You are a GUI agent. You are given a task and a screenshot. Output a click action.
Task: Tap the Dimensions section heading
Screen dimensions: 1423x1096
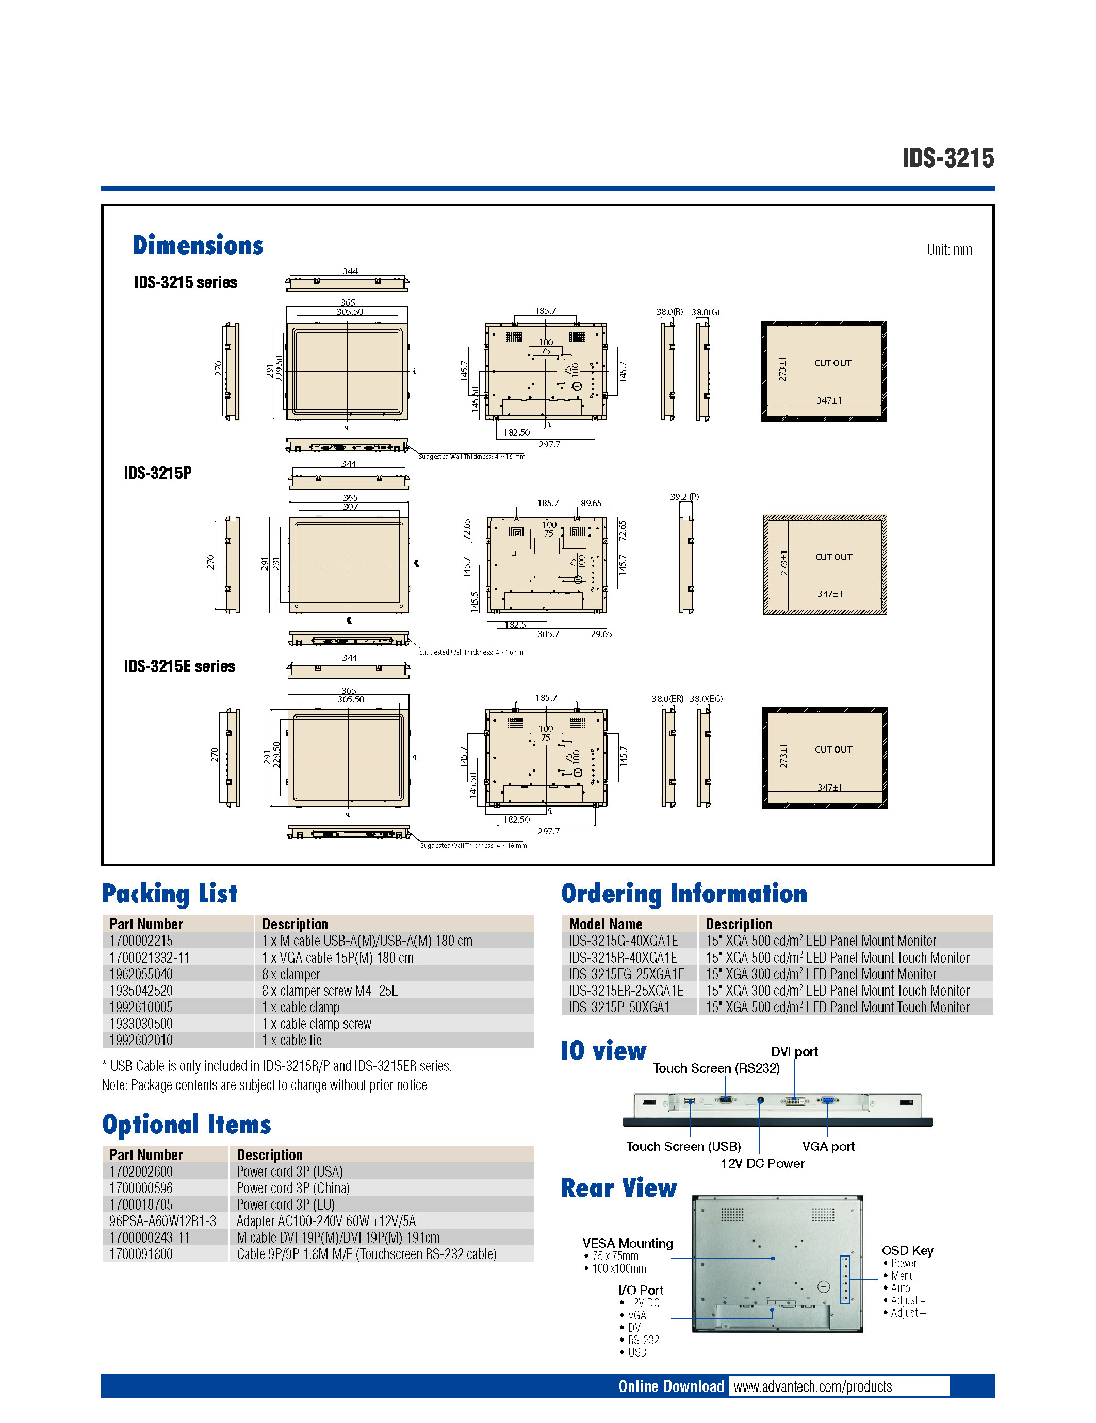[198, 246]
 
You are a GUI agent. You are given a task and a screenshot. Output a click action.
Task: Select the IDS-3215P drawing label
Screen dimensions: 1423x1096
[158, 473]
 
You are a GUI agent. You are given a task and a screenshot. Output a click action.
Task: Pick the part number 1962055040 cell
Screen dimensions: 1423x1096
[141, 974]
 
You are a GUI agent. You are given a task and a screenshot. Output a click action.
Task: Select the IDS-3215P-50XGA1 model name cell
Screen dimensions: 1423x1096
[619, 1007]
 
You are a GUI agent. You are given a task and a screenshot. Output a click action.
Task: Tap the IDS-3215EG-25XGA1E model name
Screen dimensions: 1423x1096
[626, 974]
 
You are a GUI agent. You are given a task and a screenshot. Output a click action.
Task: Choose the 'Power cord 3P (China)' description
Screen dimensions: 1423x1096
[293, 1188]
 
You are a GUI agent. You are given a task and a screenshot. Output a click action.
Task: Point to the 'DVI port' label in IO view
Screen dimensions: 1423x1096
[794, 1051]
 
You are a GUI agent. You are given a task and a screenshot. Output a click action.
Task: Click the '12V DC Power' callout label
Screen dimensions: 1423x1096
[762, 1163]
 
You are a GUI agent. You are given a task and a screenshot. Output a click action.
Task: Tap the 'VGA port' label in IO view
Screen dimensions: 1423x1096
[828, 1146]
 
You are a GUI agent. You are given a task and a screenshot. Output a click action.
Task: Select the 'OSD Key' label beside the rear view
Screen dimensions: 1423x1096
[907, 1250]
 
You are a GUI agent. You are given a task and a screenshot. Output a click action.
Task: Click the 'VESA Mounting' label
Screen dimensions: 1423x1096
[627, 1243]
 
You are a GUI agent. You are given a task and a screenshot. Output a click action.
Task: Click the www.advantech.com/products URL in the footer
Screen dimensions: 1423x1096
[812, 1386]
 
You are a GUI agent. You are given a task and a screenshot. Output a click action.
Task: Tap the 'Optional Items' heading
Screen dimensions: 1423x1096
[187, 1125]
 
